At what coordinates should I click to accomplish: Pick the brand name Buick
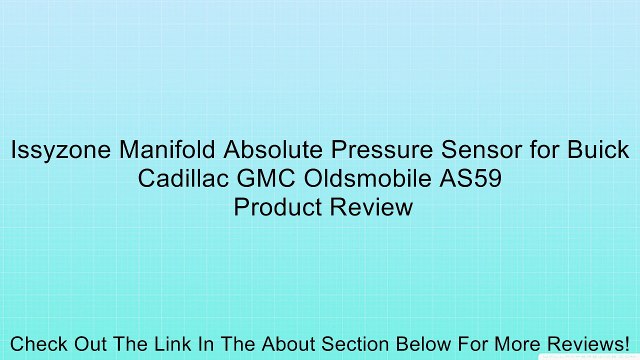[x=596, y=151]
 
